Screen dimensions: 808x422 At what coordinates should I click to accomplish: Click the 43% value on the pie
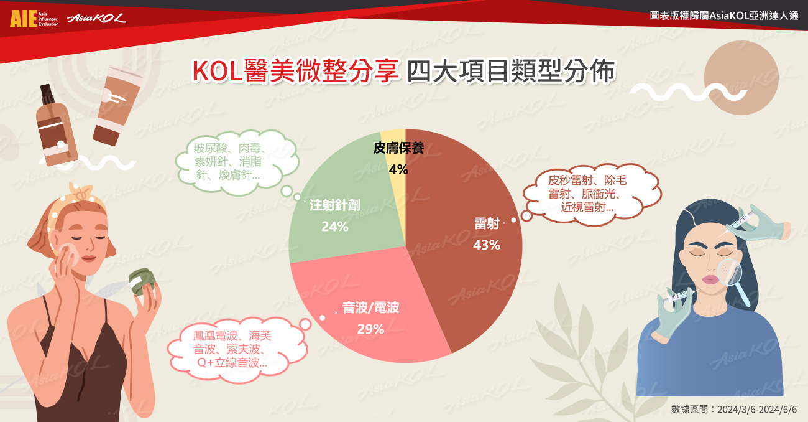coord(487,245)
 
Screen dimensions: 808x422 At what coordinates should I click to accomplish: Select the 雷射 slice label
coord(487,223)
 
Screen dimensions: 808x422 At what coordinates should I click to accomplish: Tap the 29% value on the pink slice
coord(370,329)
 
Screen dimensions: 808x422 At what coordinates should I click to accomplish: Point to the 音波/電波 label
coord(370,308)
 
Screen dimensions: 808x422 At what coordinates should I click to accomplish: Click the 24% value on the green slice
coord(335,227)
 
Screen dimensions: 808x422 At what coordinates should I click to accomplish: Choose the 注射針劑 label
coord(335,205)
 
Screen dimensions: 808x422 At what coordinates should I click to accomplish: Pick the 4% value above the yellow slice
coord(398,169)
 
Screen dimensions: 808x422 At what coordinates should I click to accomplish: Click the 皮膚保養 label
coord(398,148)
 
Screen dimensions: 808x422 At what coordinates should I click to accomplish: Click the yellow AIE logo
coord(23,19)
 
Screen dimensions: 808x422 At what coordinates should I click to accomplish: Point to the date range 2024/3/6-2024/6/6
coord(757,410)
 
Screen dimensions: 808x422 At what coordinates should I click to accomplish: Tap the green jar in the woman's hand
coord(143,281)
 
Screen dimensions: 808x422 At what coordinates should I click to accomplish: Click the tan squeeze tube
coord(117,106)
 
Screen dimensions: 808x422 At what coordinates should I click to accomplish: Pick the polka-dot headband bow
coord(82,192)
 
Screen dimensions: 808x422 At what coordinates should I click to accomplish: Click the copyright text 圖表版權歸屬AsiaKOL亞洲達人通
coord(724,16)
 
